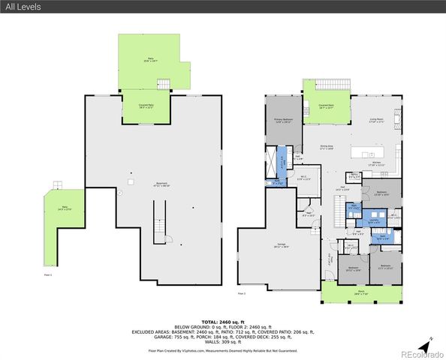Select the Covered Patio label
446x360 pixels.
pyautogui.click(x=146, y=106)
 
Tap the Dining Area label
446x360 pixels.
pyautogui.click(x=327, y=147)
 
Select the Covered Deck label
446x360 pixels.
pyautogui.click(x=326, y=106)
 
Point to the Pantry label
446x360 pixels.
pyautogui.click(x=353, y=176)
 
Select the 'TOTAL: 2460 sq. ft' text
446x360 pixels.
pyautogui.click(x=222, y=319)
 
